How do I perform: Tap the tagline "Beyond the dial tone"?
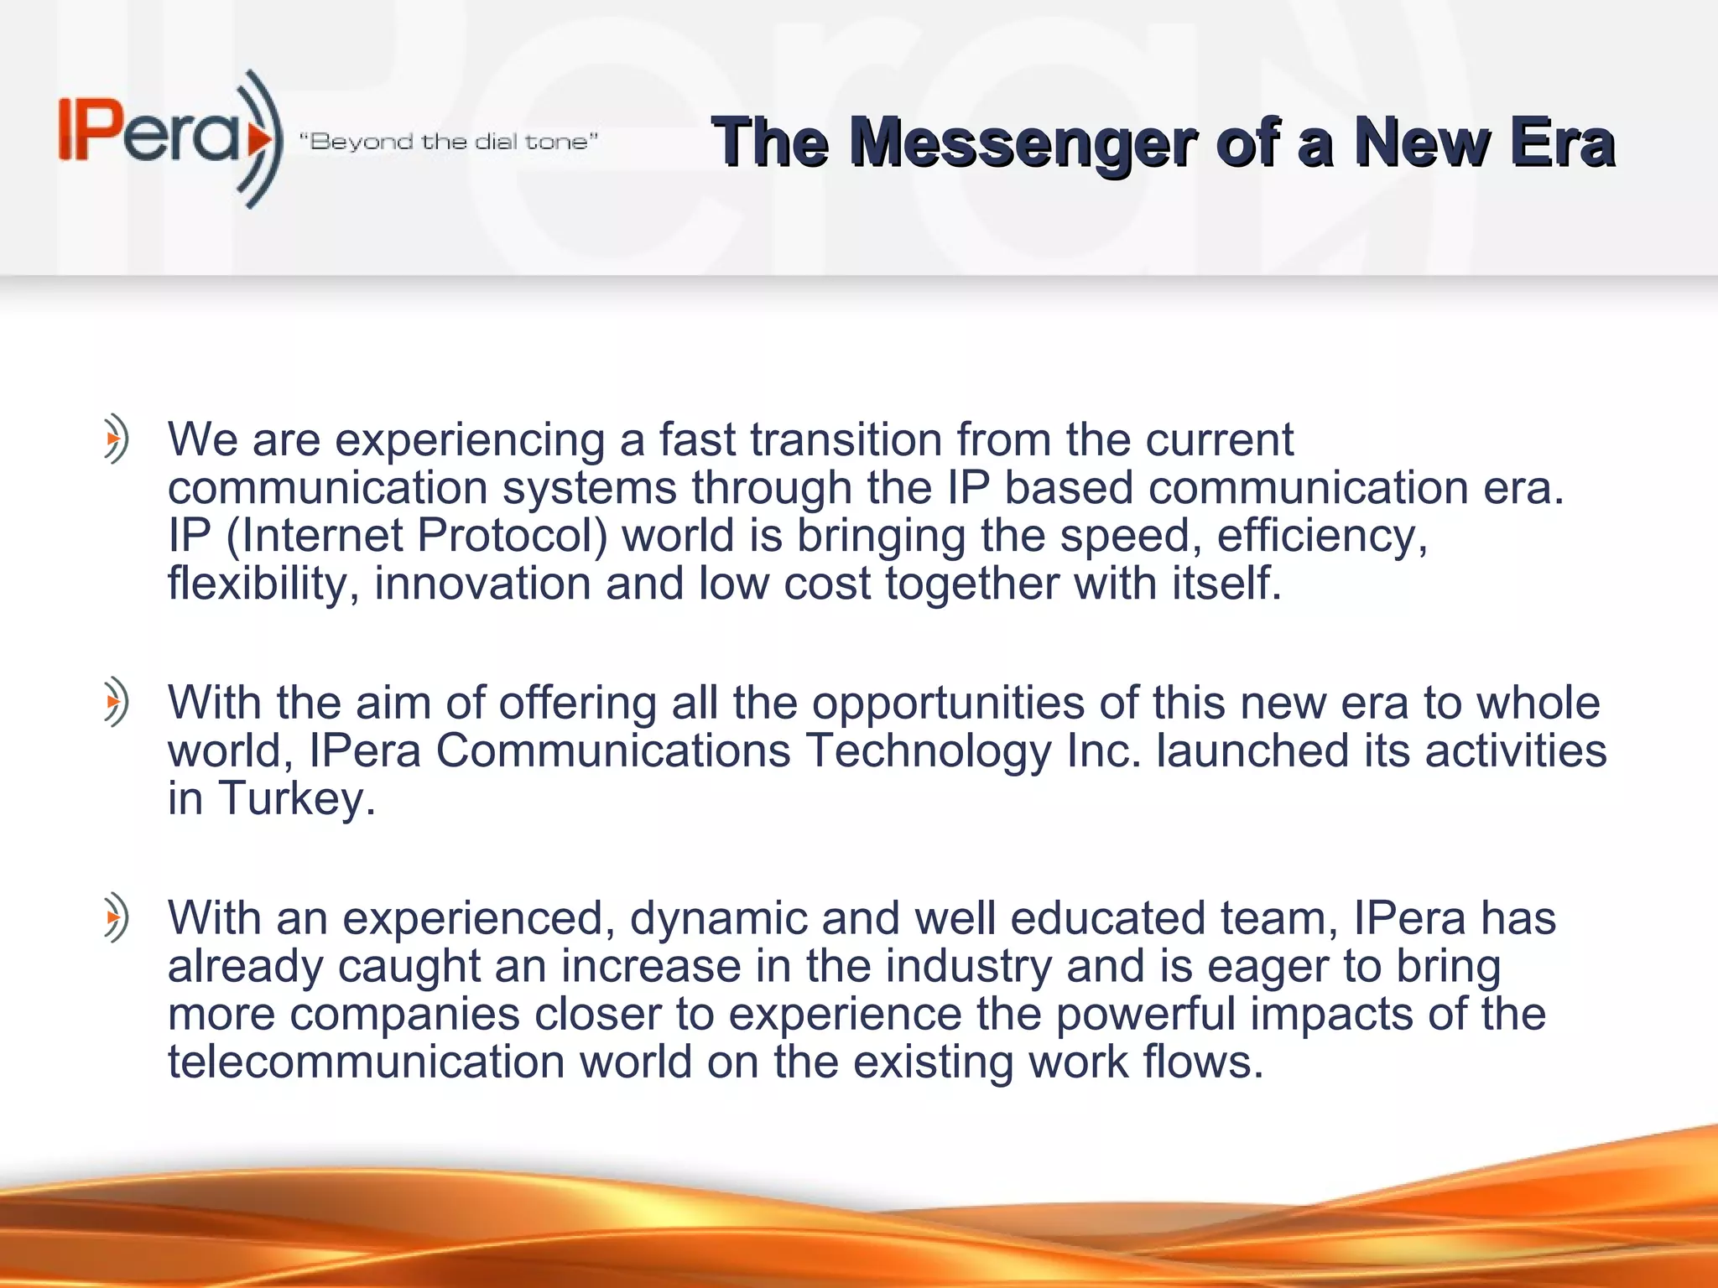(449, 142)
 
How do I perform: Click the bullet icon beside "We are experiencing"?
(116, 438)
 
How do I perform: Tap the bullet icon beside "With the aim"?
(116, 701)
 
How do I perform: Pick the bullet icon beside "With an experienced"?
(116, 917)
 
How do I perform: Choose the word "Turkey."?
(297, 798)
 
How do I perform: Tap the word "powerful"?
(1145, 1014)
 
